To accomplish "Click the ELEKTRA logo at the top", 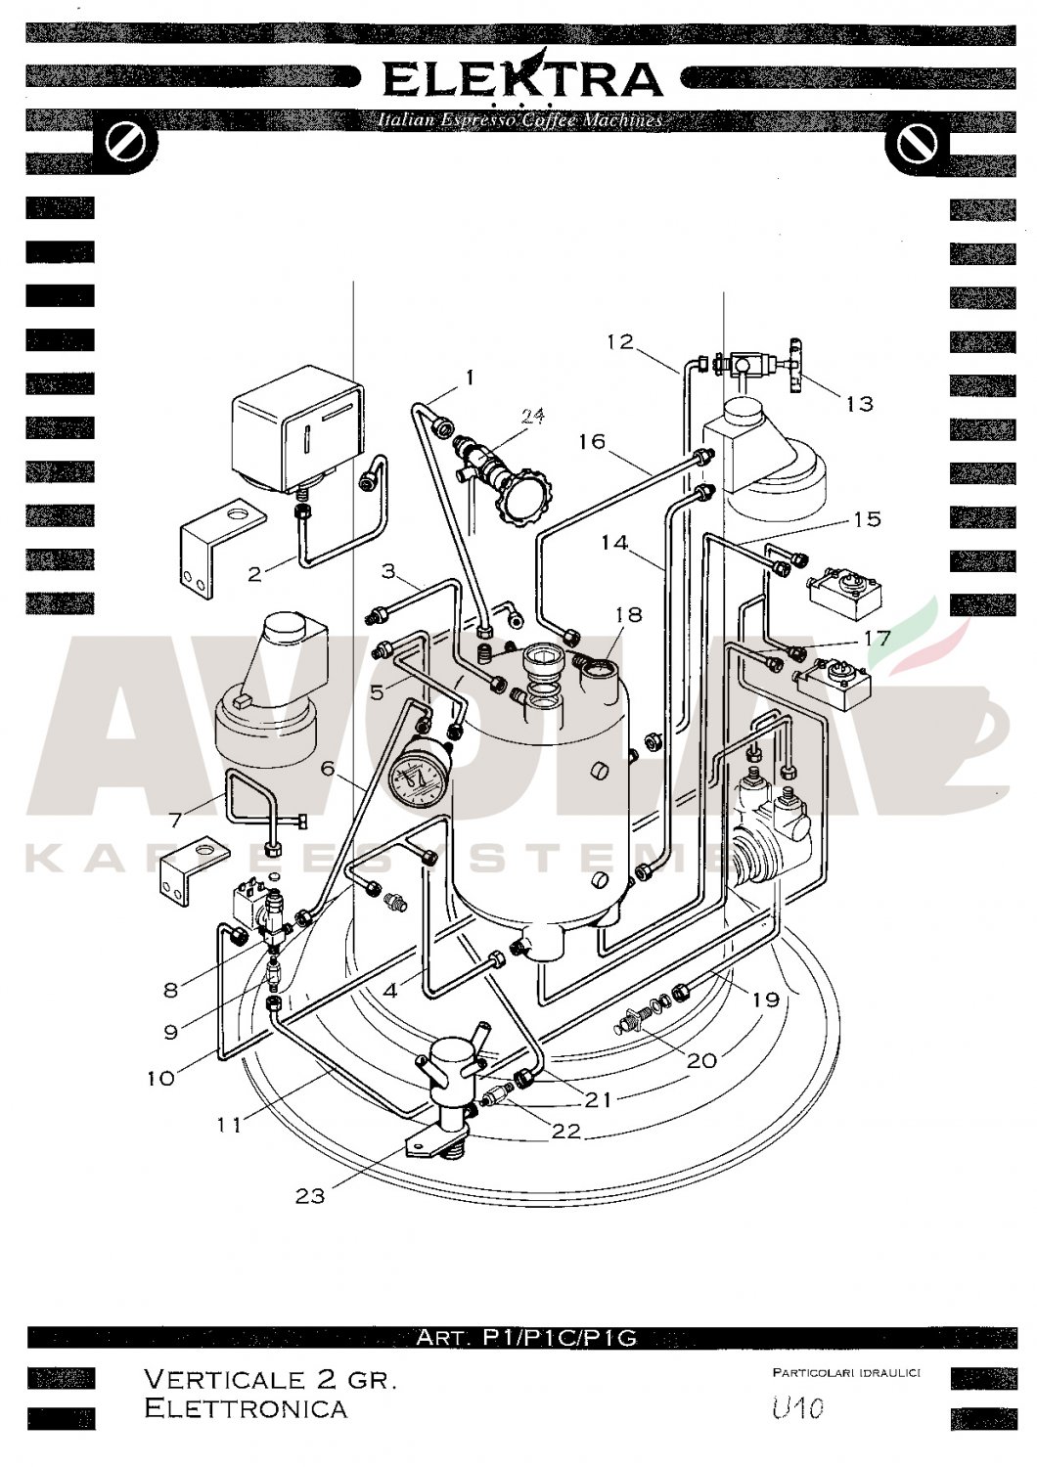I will tap(521, 80).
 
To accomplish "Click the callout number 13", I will tap(858, 403).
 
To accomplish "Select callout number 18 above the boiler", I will tap(628, 614).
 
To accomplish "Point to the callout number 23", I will tap(309, 1195).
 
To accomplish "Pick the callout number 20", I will tap(702, 1059).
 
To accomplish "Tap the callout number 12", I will tap(620, 342).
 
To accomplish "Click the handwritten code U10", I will tap(797, 1408).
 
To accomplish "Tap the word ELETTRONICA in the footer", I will tap(245, 1408).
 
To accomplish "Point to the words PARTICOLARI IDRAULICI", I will tap(846, 1374).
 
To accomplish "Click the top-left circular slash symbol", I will tap(125, 143).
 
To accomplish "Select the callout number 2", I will tap(255, 573).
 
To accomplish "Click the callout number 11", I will tap(229, 1125).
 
